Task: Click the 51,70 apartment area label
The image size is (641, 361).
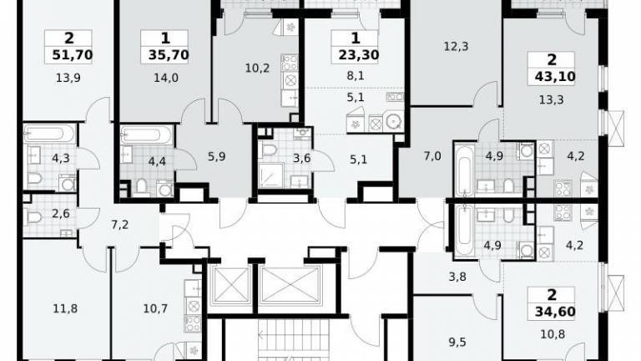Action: pyautogui.click(x=73, y=54)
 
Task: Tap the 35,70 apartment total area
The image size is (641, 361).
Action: pyautogui.click(x=169, y=54)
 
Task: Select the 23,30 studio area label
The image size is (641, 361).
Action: pyautogui.click(x=359, y=54)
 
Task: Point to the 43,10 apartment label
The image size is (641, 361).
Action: pyautogui.click(x=555, y=76)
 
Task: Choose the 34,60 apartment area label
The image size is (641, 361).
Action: pyautogui.click(x=555, y=312)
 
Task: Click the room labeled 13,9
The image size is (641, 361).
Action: pyautogui.click(x=68, y=78)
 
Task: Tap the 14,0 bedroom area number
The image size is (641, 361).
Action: pyautogui.click(x=166, y=78)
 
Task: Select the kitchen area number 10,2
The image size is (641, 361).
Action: pyautogui.click(x=257, y=68)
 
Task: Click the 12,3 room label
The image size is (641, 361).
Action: pyautogui.click(x=456, y=46)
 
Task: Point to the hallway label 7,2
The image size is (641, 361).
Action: pyautogui.click(x=120, y=224)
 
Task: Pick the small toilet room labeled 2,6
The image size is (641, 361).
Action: pyautogui.click(x=61, y=213)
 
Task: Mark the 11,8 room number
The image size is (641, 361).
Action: pyautogui.click(x=65, y=308)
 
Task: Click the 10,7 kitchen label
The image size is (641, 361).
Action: pyautogui.click(x=155, y=308)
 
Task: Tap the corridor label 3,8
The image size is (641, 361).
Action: pyautogui.click(x=457, y=277)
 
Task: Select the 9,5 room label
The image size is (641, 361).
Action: pyautogui.click(x=457, y=342)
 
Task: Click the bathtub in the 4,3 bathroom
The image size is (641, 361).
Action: pyautogui.click(x=49, y=134)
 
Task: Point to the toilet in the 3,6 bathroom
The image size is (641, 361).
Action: pyautogui.click(x=269, y=150)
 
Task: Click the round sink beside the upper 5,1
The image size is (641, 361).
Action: pyautogui.click(x=394, y=121)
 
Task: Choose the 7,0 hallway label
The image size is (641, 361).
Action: pyautogui.click(x=432, y=156)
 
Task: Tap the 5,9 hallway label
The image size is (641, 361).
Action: pyautogui.click(x=217, y=156)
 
